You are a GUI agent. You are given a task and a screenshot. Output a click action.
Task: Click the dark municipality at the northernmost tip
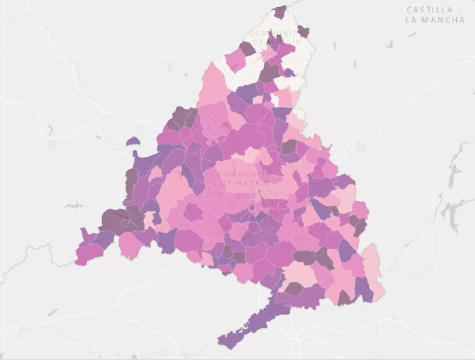click(280, 12)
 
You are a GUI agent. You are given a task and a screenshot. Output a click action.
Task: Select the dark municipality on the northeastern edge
click(303, 31)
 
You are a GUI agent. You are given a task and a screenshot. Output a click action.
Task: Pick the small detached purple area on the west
click(133, 141)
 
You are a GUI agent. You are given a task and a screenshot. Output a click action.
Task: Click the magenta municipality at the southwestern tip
click(88, 253)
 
